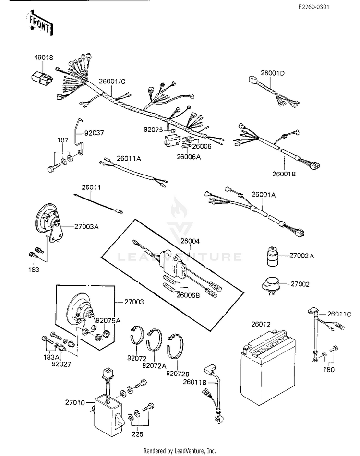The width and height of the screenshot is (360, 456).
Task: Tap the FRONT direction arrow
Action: point(39,24)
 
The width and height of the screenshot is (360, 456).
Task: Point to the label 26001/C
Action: point(112,81)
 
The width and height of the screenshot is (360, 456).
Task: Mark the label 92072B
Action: point(177,373)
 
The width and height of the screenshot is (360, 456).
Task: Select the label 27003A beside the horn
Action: point(86,226)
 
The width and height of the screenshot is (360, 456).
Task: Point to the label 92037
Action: point(94,133)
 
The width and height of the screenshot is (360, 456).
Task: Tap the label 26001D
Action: point(273,73)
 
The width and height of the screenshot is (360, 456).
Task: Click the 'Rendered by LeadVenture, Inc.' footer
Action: point(180,451)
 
